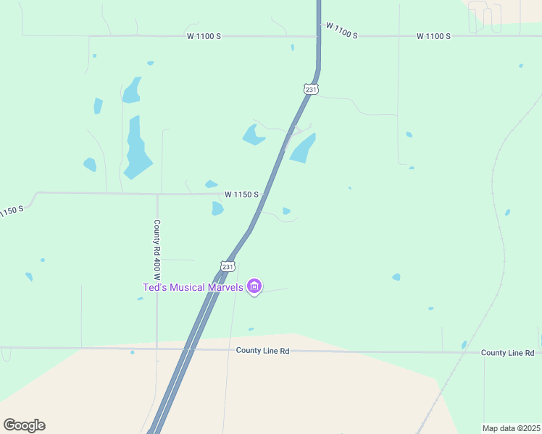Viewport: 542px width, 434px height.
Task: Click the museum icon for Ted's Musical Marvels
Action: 254,287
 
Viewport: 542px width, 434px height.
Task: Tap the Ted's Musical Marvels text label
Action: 193,287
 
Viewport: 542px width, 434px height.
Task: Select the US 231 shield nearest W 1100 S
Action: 311,89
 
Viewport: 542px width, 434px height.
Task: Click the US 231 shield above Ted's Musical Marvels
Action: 228,266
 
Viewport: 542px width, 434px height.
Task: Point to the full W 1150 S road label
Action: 241,194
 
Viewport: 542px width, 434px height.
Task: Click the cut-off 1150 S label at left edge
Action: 12,210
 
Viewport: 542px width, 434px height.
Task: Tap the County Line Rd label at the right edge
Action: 507,352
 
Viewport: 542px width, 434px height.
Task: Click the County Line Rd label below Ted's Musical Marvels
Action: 262,351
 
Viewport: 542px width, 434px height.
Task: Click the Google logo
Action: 24,425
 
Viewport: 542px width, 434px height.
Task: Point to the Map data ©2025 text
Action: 512,428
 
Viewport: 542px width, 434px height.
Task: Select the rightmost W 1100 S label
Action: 433,36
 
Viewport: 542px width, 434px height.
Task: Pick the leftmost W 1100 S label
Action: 204,36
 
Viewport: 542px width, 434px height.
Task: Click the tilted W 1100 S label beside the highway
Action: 341,30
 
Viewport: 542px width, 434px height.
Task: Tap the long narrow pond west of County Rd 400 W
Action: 135,147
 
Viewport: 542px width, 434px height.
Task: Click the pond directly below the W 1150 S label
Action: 217,208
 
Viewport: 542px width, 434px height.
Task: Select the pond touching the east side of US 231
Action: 303,148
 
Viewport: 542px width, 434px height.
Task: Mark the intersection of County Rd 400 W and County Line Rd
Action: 157,349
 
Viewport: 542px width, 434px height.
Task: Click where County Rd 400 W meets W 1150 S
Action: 158,194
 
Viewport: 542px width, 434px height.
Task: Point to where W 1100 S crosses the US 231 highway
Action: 317,35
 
